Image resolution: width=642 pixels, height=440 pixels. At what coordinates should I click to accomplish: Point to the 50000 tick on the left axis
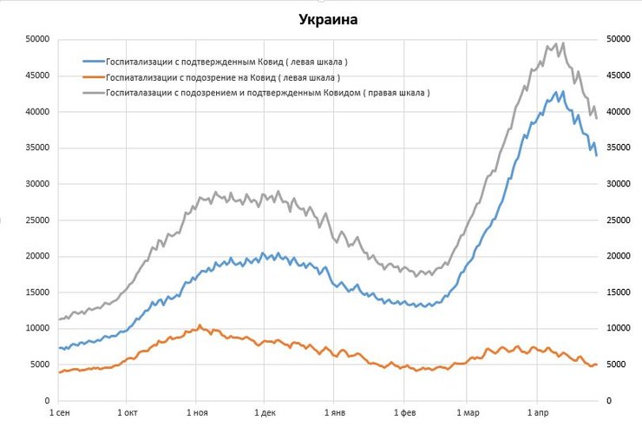(x=36, y=39)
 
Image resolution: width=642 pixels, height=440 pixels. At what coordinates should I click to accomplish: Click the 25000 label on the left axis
(x=36, y=220)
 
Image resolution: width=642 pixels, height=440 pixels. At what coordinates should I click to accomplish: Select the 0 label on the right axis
(x=609, y=401)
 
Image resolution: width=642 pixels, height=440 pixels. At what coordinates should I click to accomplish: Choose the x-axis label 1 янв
(x=334, y=414)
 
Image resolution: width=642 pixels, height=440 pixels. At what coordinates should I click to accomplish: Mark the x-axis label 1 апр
(x=537, y=414)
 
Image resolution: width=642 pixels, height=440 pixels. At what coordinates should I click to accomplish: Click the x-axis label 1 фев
(x=403, y=414)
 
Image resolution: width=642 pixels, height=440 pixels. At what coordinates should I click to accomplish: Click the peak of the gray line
(x=563, y=43)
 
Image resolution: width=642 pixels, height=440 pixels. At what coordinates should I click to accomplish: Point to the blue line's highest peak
(x=563, y=90)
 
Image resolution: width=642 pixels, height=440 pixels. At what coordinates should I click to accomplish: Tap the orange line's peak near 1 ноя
(x=200, y=325)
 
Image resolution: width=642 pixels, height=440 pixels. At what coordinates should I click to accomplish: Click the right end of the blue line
(x=597, y=155)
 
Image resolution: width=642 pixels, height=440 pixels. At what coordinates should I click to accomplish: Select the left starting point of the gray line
(x=59, y=319)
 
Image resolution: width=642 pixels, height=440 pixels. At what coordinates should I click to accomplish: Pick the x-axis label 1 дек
(x=266, y=414)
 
